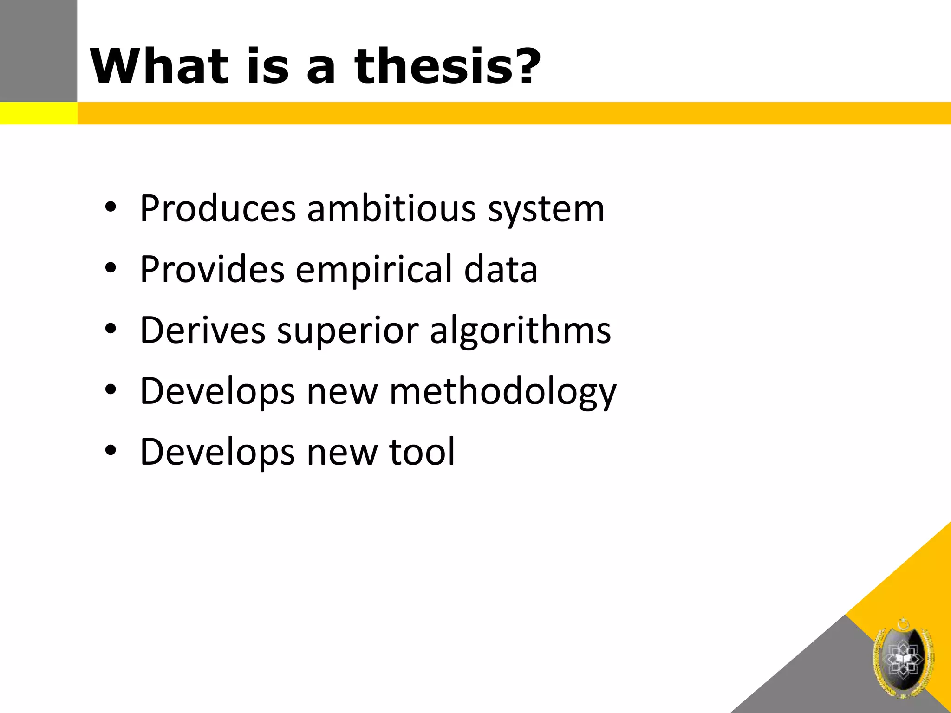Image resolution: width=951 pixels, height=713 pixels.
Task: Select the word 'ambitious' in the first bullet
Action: [391, 208]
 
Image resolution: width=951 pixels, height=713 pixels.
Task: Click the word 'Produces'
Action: [218, 208]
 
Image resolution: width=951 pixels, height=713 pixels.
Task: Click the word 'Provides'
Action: [212, 269]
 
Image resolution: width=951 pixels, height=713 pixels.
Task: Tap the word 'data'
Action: [501, 269]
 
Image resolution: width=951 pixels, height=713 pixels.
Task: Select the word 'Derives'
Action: [203, 330]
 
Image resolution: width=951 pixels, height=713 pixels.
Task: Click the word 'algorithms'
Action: [520, 331]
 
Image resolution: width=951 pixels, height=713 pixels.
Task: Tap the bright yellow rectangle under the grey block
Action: [39, 113]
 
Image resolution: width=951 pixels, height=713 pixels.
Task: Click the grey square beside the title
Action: [39, 51]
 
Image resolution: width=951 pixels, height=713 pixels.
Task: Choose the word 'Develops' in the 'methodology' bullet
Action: [217, 392]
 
